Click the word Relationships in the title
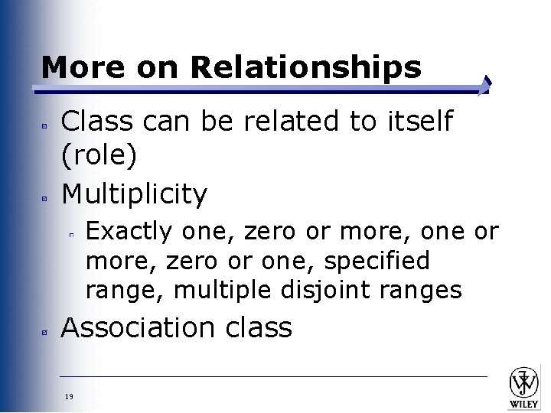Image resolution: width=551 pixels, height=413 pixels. pos(305,68)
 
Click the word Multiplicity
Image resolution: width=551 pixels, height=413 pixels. pos(134,194)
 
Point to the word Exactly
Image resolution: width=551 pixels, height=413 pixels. pos(129,231)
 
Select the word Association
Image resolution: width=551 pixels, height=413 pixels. pos(137,327)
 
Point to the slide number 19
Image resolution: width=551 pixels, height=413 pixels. pos(70,395)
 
